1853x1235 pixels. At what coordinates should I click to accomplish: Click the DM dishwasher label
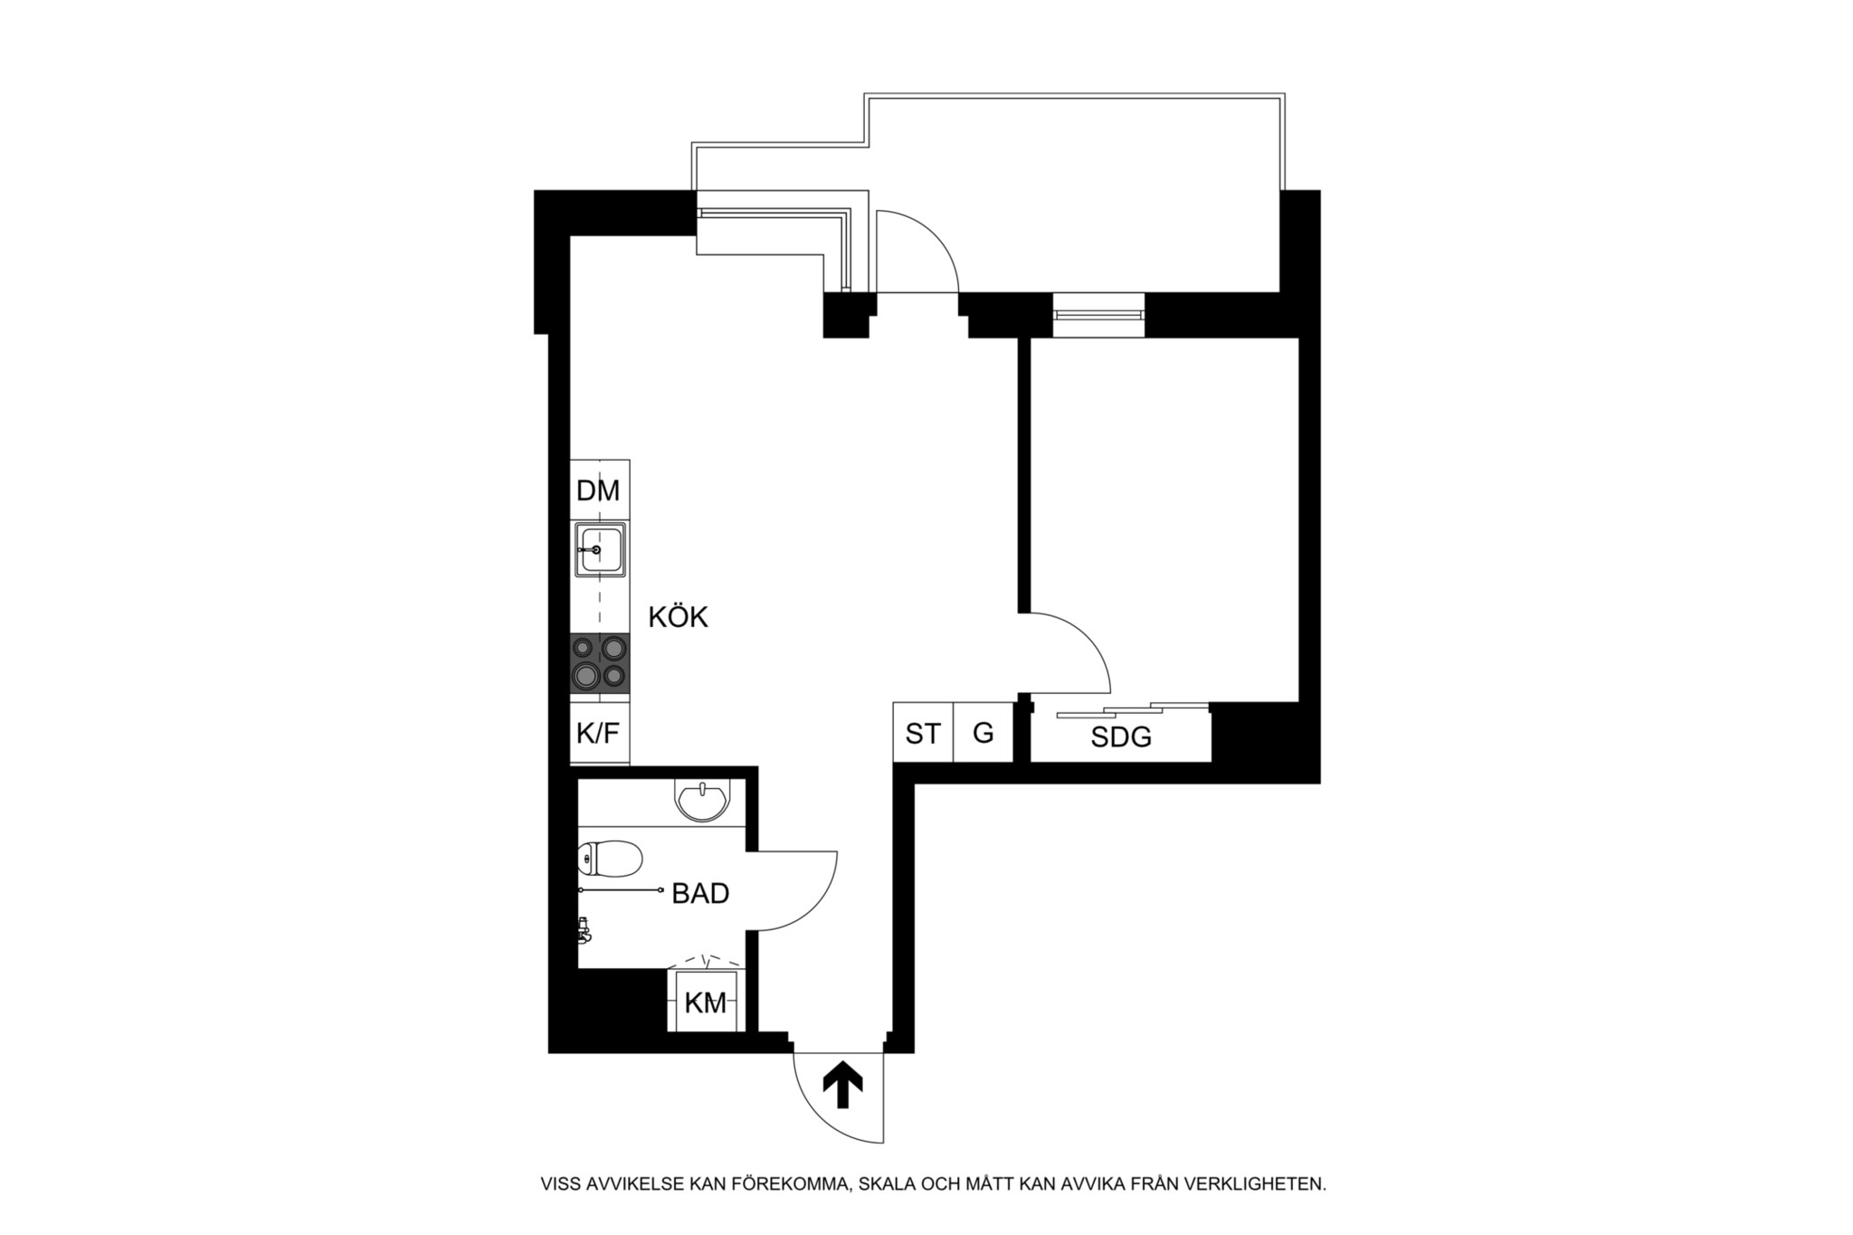[x=598, y=490]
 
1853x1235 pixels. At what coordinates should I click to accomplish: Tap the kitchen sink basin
[x=599, y=548]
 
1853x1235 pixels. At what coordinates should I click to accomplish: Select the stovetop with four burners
[x=599, y=663]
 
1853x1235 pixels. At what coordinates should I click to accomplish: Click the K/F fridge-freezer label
[x=598, y=733]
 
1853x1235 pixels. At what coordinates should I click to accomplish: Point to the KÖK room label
[x=678, y=617]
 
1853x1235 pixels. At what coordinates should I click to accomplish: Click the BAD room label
[x=700, y=894]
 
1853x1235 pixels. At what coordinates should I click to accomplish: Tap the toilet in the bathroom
[x=610, y=858]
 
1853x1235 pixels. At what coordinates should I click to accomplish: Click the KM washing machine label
[x=706, y=1002]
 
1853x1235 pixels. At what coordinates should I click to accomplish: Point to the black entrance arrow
[x=842, y=1085]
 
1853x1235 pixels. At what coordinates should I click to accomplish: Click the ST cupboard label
[x=923, y=734]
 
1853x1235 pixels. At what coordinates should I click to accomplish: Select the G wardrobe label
[x=984, y=733]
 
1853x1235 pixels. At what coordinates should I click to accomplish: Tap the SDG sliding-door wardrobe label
[x=1121, y=737]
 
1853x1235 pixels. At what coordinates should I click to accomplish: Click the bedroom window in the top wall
[x=1098, y=315]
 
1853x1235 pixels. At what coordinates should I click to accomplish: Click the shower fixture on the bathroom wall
[x=584, y=930]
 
